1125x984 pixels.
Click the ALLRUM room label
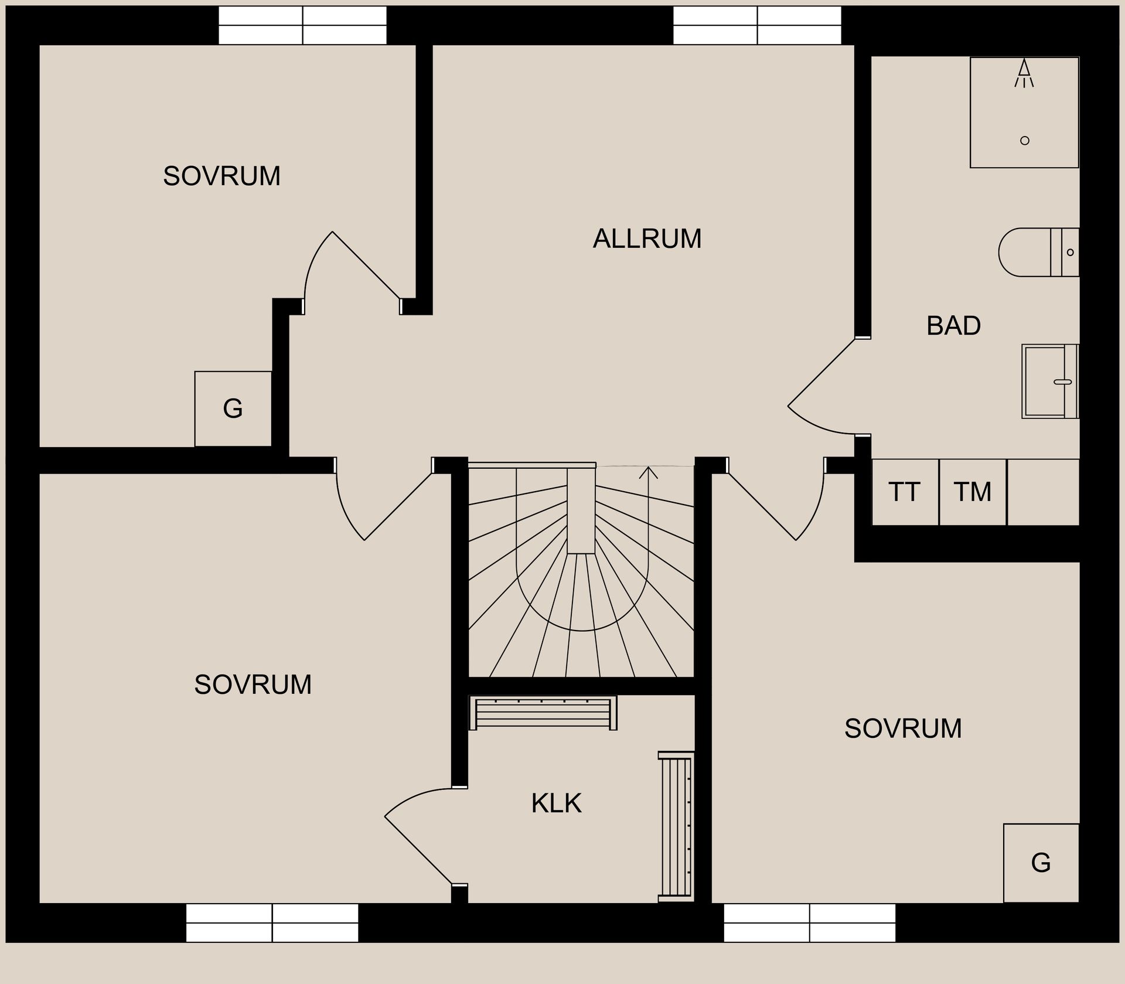tap(647, 239)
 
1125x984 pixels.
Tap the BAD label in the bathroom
tap(953, 326)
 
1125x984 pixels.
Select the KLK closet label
tap(556, 803)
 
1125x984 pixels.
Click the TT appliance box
tap(905, 492)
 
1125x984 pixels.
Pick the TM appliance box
tap(973, 492)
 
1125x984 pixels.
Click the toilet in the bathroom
tap(1037, 253)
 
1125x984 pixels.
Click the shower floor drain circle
tap(1025, 141)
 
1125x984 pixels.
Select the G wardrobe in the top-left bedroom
tap(233, 408)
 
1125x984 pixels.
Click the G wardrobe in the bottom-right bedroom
tap(1041, 863)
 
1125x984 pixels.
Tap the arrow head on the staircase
tap(648, 472)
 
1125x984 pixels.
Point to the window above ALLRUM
tap(757, 25)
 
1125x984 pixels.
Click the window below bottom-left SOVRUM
tap(272, 922)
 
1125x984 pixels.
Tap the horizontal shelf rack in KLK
tap(543, 713)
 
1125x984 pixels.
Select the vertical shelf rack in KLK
tap(676, 826)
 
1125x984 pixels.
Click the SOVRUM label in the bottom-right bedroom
tap(903, 729)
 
